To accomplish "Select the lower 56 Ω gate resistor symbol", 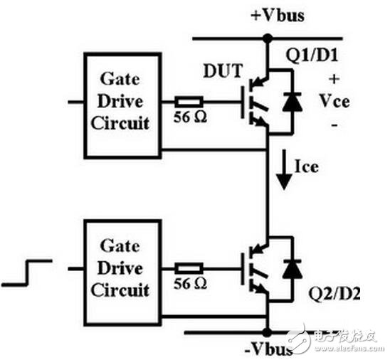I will pos(190,268).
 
